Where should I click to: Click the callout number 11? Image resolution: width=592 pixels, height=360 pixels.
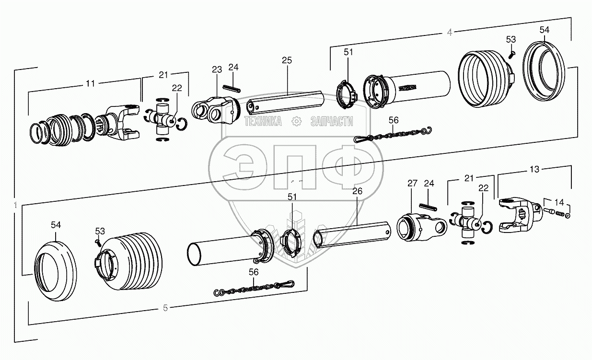pos(90,83)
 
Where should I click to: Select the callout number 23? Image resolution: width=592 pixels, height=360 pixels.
pos(216,70)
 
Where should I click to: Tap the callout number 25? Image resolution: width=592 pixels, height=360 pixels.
pos(287,60)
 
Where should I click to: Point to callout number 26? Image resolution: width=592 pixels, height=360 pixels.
pos(357,191)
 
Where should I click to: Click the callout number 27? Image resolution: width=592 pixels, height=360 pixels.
pos(412,183)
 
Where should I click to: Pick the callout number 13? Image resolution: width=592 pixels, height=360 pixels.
pos(534,169)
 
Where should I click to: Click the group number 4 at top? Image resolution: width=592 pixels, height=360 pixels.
pos(449,33)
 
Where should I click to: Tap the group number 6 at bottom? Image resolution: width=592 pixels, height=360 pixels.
pos(165,307)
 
